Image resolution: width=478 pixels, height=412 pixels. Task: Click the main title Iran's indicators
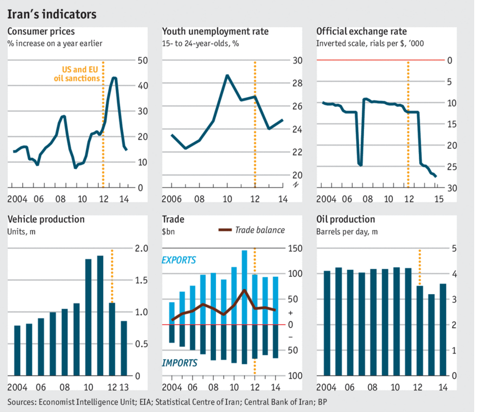point(52,14)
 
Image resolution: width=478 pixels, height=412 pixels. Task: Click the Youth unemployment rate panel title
point(215,31)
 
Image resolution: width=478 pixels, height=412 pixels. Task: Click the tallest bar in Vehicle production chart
point(100,315)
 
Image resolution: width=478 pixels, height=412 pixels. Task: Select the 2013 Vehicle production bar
point(124,348)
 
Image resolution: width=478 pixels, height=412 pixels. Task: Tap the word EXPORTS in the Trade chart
point(179,261)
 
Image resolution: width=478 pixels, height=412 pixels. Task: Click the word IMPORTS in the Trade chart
point(179,363)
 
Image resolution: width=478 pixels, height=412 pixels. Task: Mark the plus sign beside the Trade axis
point(291,313)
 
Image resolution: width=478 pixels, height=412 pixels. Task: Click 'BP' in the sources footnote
point(324,402)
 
